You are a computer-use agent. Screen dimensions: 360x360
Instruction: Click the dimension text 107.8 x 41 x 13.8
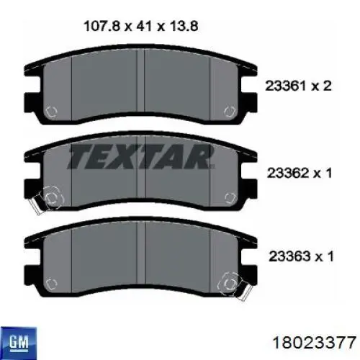tap(141, 26)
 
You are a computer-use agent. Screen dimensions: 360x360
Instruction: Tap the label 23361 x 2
tap(298, 86)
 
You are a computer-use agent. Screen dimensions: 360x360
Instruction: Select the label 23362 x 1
tap(300, 173)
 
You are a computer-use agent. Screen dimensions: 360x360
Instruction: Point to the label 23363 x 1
tap(301, 256)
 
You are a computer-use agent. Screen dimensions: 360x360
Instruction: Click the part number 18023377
tap(314, 343)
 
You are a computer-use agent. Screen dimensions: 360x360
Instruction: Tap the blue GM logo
tap(19, 342)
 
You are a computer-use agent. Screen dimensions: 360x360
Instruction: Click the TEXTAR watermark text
tap(140, 156)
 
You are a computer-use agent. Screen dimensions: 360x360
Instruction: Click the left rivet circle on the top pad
tap(51, 112)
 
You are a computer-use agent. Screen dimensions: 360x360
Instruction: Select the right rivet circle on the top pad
tap(230, 112)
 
